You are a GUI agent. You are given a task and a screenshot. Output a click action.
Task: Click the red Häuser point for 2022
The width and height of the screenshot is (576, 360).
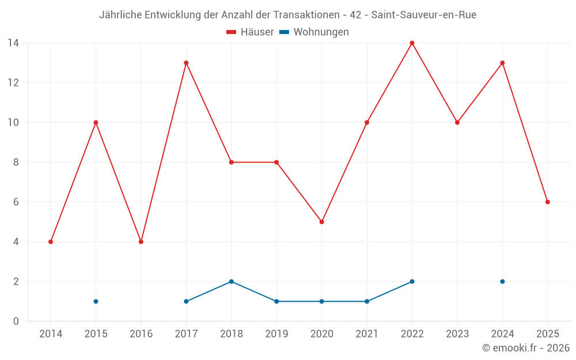tap(412, 43)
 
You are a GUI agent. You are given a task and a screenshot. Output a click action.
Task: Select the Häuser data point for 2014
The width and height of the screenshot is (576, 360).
tap(51, 242)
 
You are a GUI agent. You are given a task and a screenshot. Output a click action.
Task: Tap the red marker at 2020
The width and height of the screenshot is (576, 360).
tap(321, 222)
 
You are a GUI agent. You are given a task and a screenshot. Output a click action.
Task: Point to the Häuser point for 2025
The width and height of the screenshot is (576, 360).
tap(547, 202)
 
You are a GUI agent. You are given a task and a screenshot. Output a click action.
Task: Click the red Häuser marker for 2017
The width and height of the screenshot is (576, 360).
tap(186, 63)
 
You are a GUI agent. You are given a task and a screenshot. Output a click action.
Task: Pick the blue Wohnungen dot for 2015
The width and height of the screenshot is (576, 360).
tap(96, 301)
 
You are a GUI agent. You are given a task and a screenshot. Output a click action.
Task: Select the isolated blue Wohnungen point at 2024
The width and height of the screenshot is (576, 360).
tap(502, 282)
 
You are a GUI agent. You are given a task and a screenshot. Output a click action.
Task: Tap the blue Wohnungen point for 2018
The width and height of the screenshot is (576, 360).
tap(231, 282)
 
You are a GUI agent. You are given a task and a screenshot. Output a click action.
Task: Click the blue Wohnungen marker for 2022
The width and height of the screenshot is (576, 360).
tap(412, 282)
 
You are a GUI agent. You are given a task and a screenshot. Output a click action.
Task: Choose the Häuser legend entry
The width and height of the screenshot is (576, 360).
tap(250, 32)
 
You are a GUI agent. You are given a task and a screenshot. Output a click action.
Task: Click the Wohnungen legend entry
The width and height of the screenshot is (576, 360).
tap(314, 32)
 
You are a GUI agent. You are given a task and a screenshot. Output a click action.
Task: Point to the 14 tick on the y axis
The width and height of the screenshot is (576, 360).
tap(13, 43)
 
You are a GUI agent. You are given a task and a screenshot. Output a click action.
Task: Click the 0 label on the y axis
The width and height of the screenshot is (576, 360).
tap(16, 321)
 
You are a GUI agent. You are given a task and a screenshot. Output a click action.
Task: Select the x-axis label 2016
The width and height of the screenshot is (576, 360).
tap(141, 334)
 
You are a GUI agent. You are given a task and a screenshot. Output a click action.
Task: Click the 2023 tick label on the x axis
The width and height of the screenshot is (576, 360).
tap(457, 334)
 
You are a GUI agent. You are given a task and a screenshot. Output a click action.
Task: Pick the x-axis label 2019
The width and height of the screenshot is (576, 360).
tap(276, 334)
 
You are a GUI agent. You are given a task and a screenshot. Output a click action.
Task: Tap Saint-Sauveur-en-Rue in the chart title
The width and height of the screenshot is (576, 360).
tap(423, 15)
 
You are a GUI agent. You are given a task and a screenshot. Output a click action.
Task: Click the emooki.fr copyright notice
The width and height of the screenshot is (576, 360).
tap(525, 348)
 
